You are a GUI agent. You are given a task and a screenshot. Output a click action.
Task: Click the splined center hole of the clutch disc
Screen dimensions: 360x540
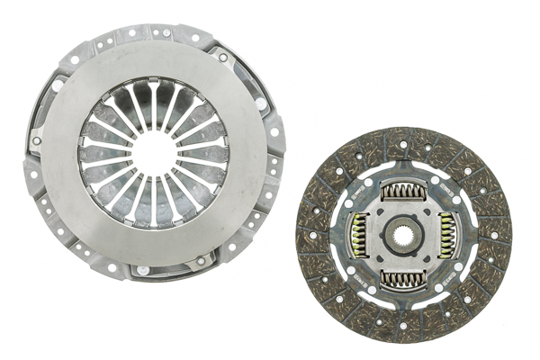[405, 236]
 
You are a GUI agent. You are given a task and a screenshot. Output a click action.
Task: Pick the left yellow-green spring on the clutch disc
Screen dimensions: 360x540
[358, 236]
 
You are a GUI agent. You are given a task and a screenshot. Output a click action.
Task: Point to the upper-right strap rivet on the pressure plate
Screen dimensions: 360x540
[222, 58]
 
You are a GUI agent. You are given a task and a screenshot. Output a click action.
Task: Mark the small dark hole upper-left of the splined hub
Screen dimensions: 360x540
[378, 211]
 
